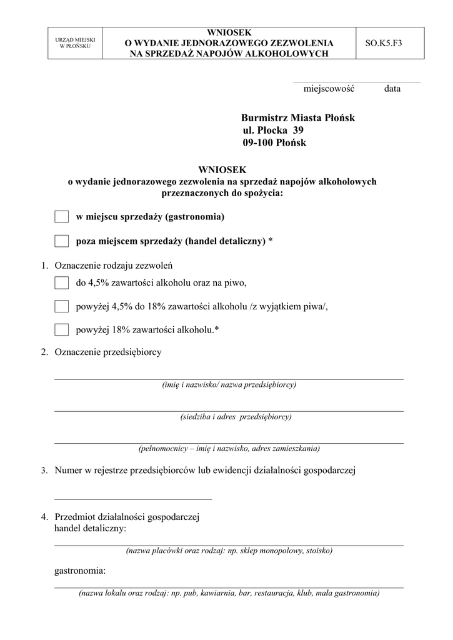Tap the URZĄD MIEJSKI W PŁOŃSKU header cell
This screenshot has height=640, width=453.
pos(76,43)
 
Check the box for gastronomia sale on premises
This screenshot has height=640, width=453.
pos(61,217)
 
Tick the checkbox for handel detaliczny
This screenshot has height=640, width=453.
pos(61,241)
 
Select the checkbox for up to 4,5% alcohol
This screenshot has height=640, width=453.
pos(61,282)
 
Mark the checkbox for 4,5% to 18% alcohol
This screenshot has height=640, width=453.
pos(61,306)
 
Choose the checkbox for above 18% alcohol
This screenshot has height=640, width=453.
pos(61,329)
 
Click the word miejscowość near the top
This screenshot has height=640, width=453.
pos(329,89)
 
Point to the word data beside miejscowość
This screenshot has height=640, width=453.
pos(392,89)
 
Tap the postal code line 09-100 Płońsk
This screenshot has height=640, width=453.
pos(274,143)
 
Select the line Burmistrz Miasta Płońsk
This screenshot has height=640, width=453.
pos(297,117)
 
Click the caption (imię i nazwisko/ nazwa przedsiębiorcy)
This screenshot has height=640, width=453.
pos(229,385)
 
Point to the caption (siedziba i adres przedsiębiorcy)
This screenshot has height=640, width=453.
pos(229,417)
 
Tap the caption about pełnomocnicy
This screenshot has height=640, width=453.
pos(229,449)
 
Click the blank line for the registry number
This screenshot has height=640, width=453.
pos(133,498)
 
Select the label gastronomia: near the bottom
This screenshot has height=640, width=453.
pos(80,571)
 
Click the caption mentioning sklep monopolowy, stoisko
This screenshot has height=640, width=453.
pos(229,551)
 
